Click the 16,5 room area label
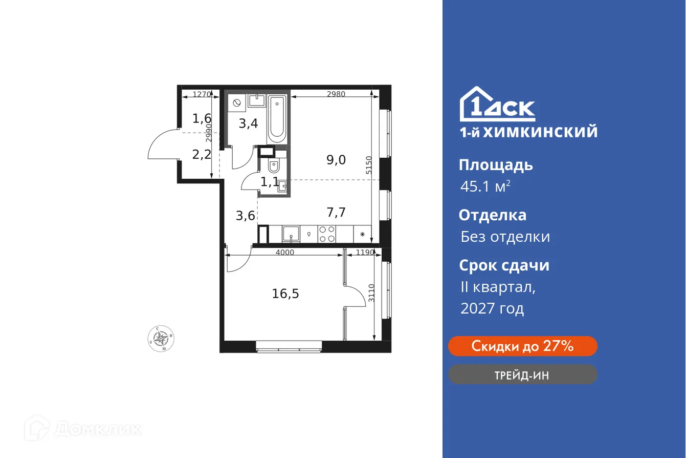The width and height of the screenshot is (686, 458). pyautogui.click(x=285, y=294)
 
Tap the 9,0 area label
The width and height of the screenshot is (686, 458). pyautogui.click(x=336, y=160)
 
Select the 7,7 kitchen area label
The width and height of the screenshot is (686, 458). pyautogui.click(x=336, y=212)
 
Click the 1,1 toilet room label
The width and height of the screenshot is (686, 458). pyautogui.click(x=269, y=181)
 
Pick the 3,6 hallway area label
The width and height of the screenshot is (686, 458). pyautogui.click(x=245, y=216)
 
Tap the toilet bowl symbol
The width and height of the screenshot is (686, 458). pyautogui.click(x=274, y=168)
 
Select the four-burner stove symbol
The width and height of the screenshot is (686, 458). pyautogui.click(x=327, y=234)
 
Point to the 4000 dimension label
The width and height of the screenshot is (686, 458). pyautogui.click(x=284, y=253)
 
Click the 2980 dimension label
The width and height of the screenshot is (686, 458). pyautogui.click(x=336, y=94)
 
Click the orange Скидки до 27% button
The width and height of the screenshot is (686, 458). pyautogui.click(x=522, y=346)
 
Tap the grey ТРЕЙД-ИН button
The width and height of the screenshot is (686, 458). pyautogui.click(x=522, y=375)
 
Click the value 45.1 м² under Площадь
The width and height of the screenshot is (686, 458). pyautogui.click(x=485, y=187)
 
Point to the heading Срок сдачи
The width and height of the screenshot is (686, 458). pyautogui.click(x=504, y=265)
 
